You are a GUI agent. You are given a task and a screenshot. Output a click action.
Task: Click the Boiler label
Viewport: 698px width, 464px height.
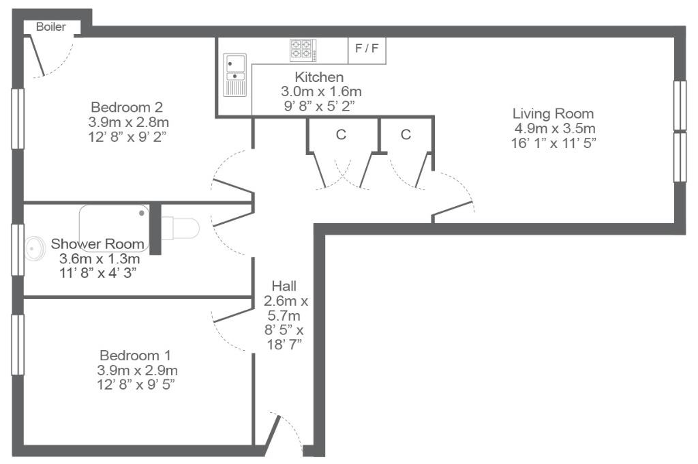50,27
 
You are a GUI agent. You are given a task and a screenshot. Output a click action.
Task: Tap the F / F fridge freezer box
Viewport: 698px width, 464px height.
367,50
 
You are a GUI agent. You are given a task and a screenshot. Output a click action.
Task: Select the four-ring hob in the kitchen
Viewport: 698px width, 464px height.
303,50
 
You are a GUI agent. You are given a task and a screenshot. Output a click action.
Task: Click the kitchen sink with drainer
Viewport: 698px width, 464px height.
234,75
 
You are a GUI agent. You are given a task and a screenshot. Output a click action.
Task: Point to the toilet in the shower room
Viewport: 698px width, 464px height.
180,228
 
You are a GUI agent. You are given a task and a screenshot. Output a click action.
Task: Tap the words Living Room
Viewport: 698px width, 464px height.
553,114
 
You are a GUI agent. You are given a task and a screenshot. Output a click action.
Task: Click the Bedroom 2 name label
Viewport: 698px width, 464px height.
127,107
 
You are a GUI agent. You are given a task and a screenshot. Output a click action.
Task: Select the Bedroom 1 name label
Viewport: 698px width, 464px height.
136,356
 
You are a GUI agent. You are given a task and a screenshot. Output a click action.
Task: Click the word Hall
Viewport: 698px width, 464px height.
284,286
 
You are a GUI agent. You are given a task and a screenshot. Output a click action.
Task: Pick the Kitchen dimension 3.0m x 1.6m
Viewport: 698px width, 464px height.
321,91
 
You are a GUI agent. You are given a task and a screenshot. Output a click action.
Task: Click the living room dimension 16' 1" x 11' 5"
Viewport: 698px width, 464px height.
553,143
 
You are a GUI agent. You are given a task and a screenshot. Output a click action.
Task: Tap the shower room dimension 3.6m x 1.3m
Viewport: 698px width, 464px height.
100,259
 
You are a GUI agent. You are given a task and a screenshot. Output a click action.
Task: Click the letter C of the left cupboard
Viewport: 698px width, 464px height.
341,134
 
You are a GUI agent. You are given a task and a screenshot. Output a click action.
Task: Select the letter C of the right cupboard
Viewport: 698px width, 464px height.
406,134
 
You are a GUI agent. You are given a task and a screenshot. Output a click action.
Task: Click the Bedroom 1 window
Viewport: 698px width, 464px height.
18,345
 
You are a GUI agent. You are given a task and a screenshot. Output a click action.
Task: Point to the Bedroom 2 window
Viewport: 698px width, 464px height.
18,119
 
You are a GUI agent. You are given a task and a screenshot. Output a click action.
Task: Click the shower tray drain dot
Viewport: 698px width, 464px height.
142,213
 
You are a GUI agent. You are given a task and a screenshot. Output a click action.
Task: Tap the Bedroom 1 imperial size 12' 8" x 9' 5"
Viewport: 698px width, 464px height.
136,385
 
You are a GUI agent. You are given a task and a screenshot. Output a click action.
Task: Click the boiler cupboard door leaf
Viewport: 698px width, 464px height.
37,55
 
